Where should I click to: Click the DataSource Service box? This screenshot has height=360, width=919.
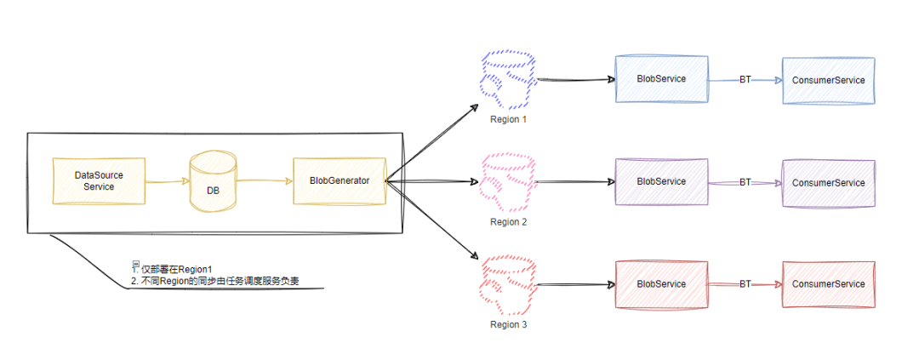tap(99, 180)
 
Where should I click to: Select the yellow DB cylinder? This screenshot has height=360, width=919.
tap(212, 181)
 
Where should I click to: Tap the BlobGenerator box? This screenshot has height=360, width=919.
tap(339, 180)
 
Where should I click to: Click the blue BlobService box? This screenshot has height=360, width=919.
tap(661, 79)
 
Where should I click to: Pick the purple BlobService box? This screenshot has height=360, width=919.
tap(661, 181)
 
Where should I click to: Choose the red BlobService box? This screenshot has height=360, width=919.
tap(661, 283)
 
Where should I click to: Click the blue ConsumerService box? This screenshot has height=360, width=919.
tap(828, 80)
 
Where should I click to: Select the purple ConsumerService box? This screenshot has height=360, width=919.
tap(828, 182)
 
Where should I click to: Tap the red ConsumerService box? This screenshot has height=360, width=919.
tap(828, 284)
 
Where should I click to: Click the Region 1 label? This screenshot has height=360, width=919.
tap(508, 119)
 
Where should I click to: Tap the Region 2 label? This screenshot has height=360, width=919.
tap(508, 221)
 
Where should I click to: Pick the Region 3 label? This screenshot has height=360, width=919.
tap(508, 324)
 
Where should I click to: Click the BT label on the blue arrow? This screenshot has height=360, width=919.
tap(745, 80)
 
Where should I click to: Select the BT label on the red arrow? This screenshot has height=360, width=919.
tap(745, 284)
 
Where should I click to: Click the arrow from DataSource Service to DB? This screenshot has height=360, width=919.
tap(167, 180)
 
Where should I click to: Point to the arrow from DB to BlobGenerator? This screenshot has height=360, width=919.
tap(264, 180)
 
